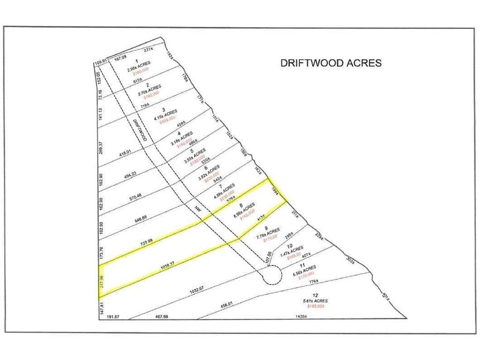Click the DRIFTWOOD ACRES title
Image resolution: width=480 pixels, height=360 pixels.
(331, 63)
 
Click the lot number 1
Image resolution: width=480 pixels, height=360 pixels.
(136, 61)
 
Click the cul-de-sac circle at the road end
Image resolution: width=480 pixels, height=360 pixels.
(271, 275)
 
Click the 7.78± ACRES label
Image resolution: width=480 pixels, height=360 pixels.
(268, 233)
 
